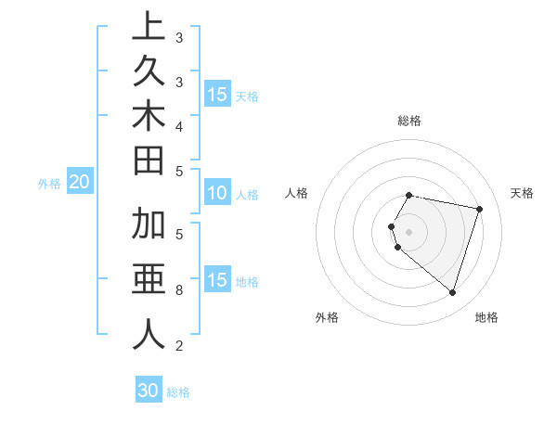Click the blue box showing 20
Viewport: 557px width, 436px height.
80,183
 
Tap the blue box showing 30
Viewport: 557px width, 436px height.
149,391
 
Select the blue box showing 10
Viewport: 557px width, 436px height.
217,194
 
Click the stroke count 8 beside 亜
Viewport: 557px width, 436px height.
179,290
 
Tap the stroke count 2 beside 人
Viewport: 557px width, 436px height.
179,346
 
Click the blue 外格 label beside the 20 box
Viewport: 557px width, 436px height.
49,184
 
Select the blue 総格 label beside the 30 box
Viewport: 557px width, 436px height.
178,392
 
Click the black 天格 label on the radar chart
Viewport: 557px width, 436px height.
523,193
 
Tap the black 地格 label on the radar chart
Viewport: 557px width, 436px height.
486,317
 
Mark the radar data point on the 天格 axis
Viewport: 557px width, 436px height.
479,209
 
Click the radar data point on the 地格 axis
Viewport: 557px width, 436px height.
452,293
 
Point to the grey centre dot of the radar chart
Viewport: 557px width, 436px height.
408,231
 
